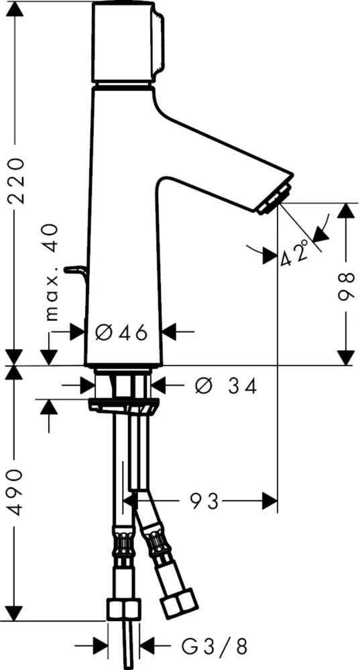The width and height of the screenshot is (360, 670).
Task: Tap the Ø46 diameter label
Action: click(x=121, y=332)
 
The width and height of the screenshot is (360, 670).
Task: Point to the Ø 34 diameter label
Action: click(x=225, y=387)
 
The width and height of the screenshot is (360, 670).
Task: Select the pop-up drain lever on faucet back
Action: click(x=75, y=271)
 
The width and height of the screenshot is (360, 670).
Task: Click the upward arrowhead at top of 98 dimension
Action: click(x=345, y=211)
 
